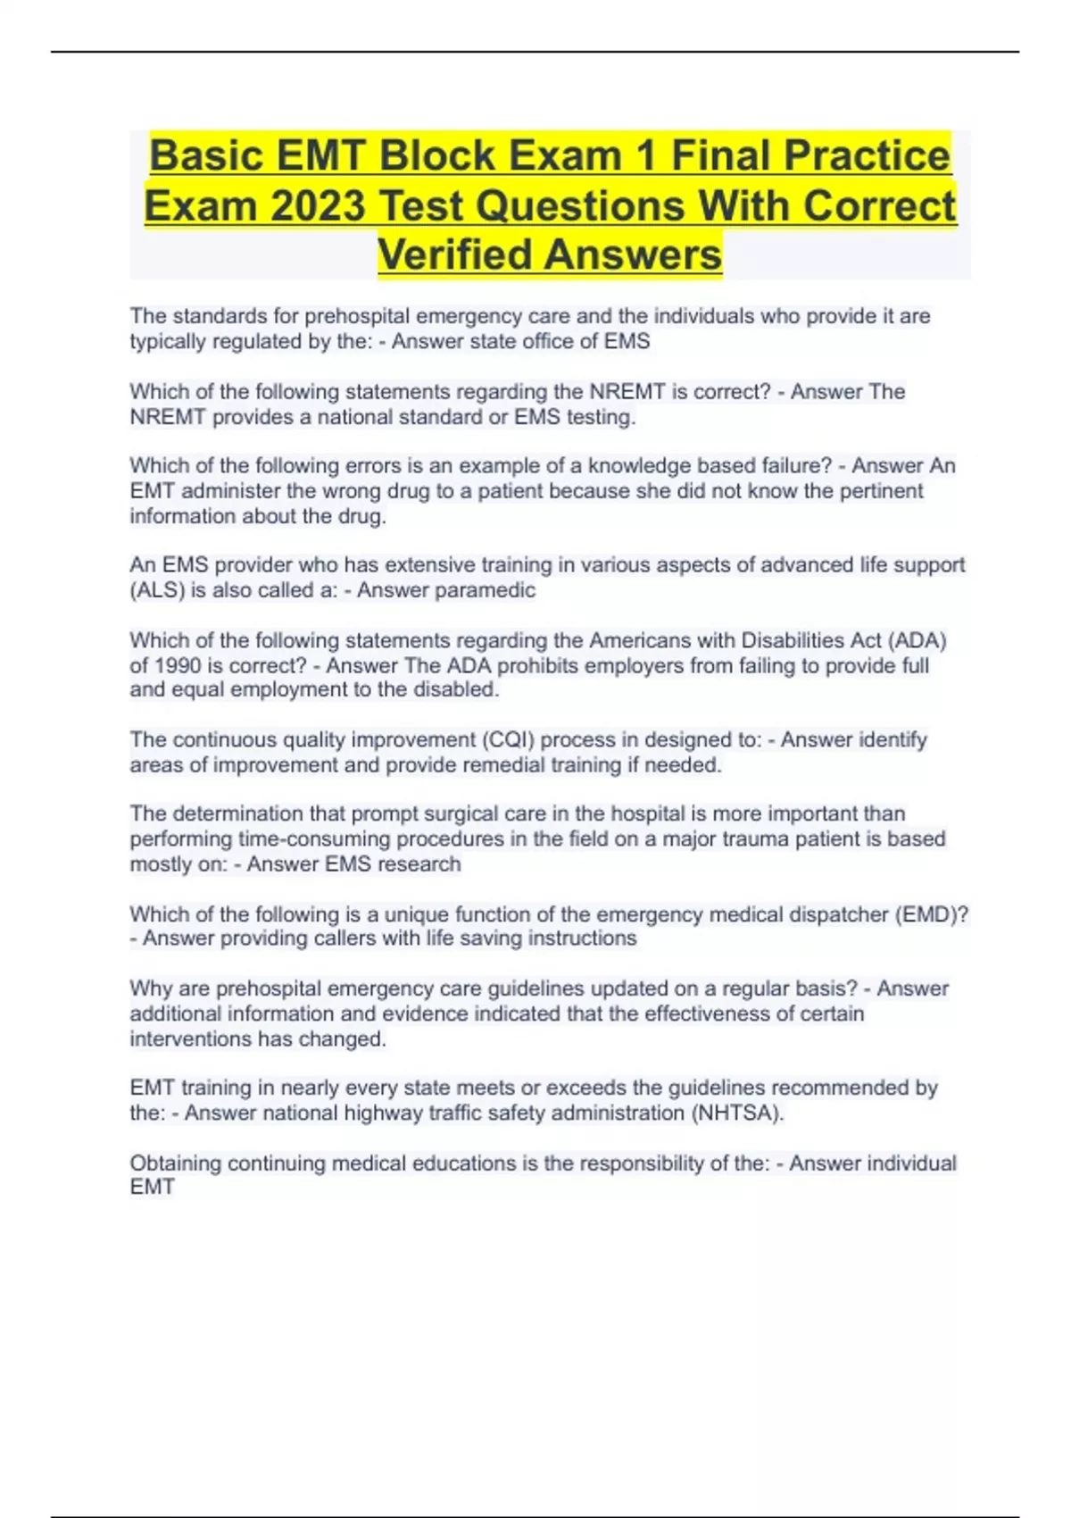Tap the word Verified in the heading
(456, 254)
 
